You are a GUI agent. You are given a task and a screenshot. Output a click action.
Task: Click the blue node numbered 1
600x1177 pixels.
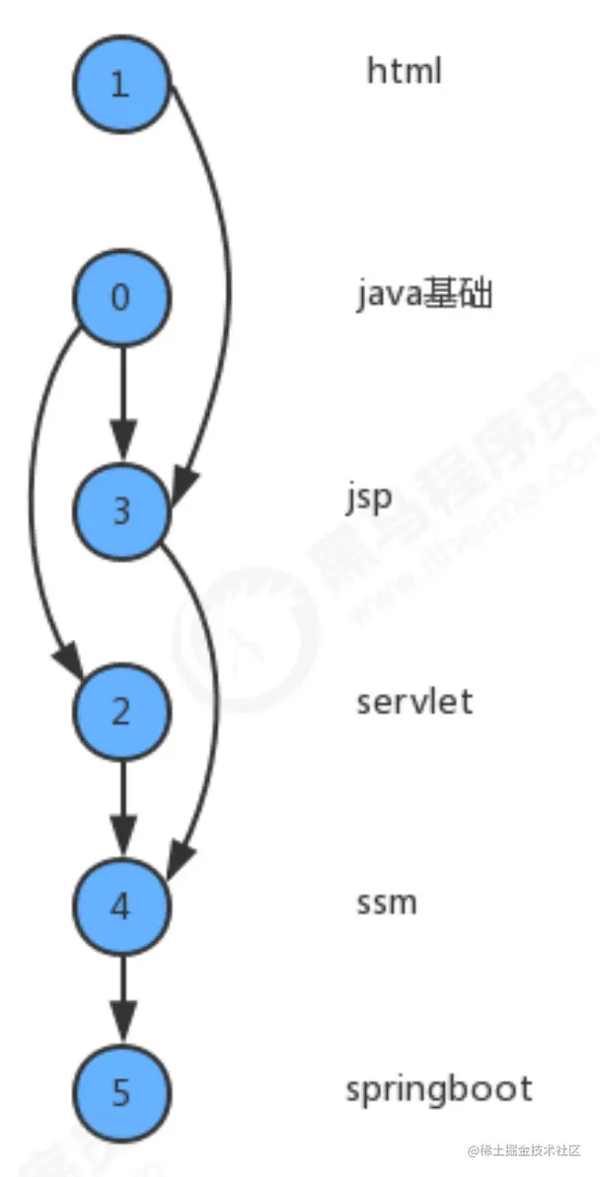tap(120, 84)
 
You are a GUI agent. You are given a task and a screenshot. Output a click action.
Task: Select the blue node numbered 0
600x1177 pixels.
tap(120, 297)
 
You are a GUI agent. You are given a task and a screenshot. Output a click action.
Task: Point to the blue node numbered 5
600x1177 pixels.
tap(120, 1091)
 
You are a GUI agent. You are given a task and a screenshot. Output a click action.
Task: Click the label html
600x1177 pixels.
tap(404, 71)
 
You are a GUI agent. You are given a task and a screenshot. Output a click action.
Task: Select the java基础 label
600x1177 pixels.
tap(423, 294)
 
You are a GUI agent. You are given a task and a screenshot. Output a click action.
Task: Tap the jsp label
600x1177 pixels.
tap(369, 498)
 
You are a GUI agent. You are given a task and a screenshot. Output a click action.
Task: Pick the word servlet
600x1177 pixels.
tap(414, 702)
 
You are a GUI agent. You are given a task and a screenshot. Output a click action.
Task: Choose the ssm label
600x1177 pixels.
tap(387, 902)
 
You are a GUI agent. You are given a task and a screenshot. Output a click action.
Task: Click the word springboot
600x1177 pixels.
tap(438, 1089)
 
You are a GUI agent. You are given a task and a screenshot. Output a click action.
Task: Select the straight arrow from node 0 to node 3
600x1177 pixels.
tap(121, 395)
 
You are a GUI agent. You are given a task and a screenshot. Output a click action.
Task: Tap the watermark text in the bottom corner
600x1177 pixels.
tap(522, 1151)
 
